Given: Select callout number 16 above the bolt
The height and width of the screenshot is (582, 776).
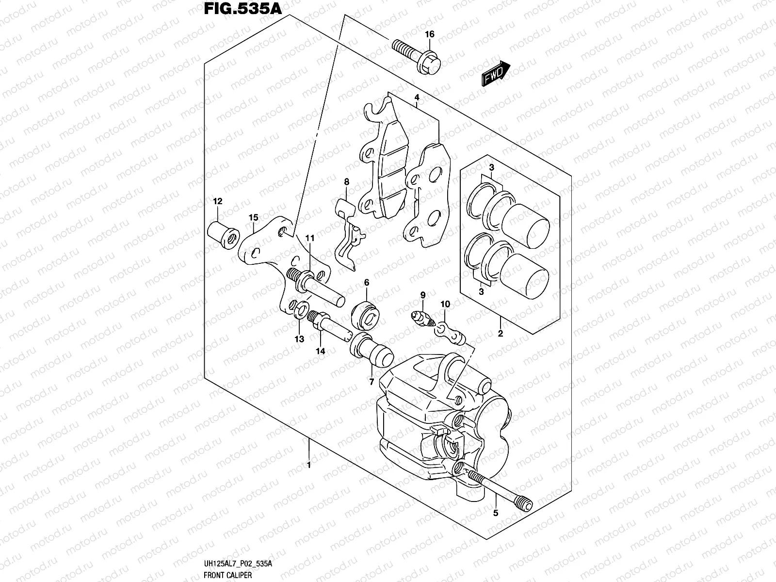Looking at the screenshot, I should click(x=430, y=34).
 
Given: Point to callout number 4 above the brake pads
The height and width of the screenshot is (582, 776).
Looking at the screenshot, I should click(x=417, y=98).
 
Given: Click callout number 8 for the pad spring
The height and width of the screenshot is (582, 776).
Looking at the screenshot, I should click(x=346, y=182).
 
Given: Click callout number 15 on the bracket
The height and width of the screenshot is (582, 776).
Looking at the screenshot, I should click(x=253, y=218).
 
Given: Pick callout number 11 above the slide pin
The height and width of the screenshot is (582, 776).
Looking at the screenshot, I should click(x=310, y=238).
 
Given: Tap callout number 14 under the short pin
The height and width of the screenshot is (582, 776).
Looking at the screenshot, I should click(x=320, y=351).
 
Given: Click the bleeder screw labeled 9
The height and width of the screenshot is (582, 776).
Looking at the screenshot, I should click(x=420, y=317).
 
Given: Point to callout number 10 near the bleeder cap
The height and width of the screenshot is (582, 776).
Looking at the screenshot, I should click(x=445, y=304).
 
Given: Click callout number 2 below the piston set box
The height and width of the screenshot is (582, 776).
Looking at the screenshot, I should click(x=501, y=334).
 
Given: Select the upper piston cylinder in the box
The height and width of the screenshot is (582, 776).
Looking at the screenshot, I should click(x=525, y=224).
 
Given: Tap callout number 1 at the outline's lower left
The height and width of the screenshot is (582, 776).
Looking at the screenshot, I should click(x=308, y=465).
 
